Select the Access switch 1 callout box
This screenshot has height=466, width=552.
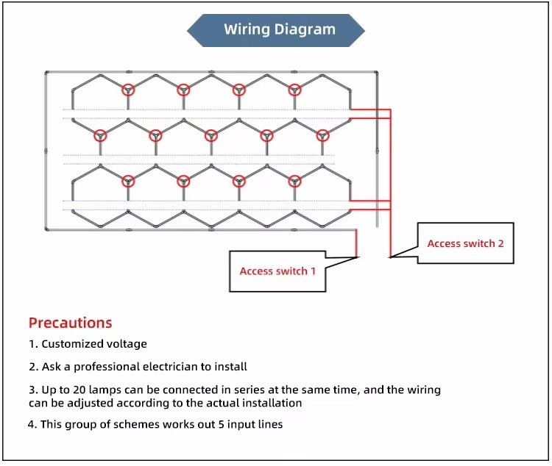[x=277, y=271]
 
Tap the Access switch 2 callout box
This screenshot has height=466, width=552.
[x=465, y=243]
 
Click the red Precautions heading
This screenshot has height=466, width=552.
[x=70, y=323]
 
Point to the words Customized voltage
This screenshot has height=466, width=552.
[x=94, y=344]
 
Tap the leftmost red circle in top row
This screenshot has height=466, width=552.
[x=128, y=90]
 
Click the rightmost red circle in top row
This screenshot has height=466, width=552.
[x=294, y=90]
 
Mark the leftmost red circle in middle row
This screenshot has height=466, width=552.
[x=100, y=135]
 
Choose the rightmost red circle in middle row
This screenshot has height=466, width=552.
[x=322, y=135]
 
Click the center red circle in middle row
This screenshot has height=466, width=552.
[x=211, y=135]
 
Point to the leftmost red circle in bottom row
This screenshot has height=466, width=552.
[x=128, y=181]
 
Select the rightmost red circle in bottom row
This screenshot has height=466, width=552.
[x=294, y=181]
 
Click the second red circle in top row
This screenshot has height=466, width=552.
[x=183, y=90]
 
